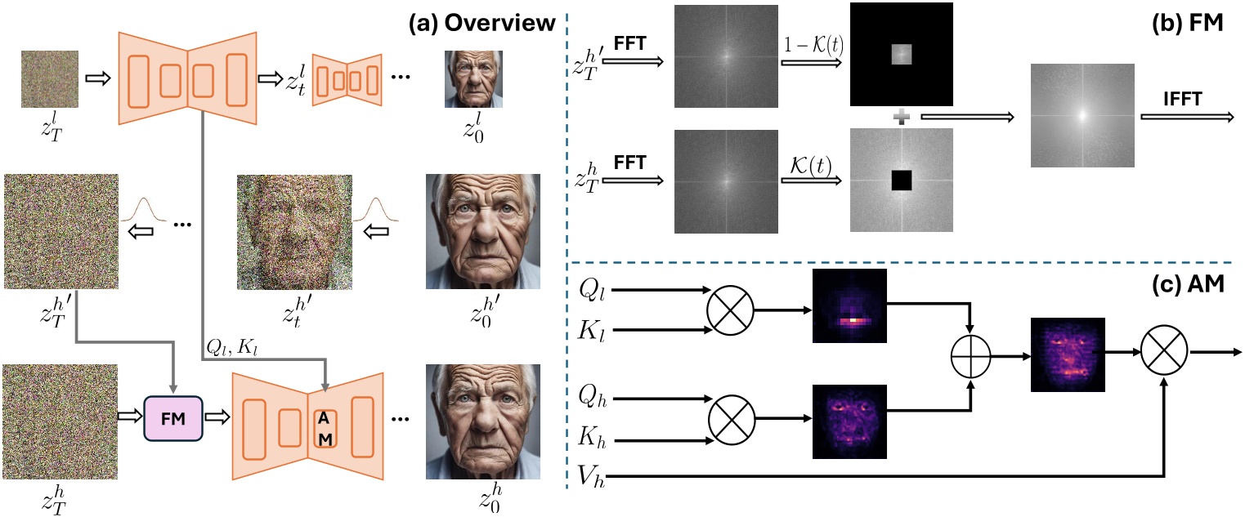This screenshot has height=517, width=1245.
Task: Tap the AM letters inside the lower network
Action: [x=325, y=429]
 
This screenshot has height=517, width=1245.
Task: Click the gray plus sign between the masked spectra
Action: [x=901, y=118]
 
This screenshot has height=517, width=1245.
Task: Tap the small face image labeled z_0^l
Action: [x=473, y=79]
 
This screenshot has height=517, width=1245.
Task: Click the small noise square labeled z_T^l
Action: [x=50, y=79]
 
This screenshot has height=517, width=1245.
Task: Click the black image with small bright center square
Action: [x=900, y=55]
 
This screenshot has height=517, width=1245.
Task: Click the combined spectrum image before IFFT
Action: [x=1082, y=117]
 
